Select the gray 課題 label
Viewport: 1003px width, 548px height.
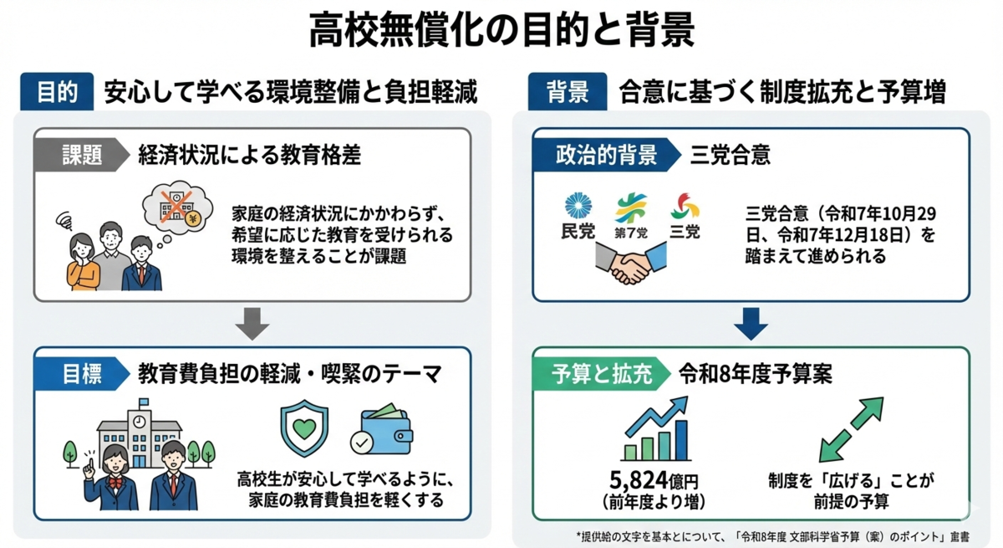pyautogui.click(x=80, y=155)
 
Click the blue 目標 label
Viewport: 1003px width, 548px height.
pyautogui.click(x=80, y=374)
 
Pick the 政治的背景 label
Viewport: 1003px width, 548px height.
pyautogui.click(x=606, y=155)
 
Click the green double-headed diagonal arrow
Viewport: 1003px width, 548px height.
pyautogui.click(x=850, y=429)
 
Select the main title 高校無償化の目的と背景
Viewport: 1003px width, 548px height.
pyautogui.click(x=501, y=31)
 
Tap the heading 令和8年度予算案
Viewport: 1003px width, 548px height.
pyautogui.click(x=755, y=374)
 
